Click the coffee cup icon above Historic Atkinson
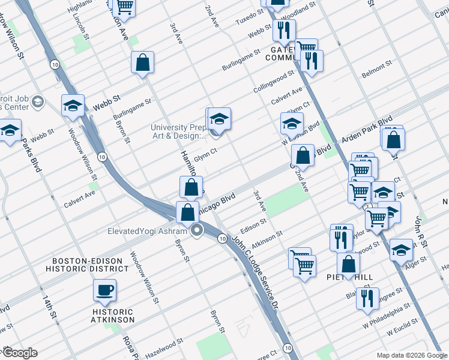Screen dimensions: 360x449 tap(104, 291)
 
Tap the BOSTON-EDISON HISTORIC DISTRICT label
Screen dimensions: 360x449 tap(90, 265)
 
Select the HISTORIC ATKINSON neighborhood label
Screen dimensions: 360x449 tap(113, 316)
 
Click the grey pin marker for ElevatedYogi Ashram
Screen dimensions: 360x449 tap(197, 230)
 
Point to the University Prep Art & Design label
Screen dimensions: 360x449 tap(178, 131)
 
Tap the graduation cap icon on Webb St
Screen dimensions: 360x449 tap(73, 106)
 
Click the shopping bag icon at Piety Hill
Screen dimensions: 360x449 tap(348, 264)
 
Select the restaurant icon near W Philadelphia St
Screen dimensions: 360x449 tap(367, 299)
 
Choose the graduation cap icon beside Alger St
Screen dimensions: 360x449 tap(401, 250)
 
